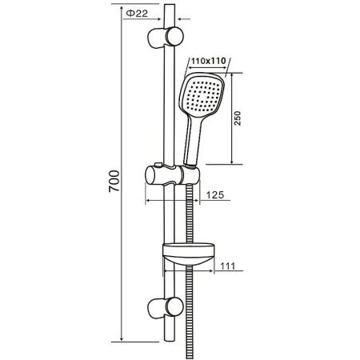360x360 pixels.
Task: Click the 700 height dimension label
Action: coord(114,181)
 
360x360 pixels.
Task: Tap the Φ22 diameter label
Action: coord(137,14)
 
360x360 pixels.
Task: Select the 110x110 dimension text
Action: coord(208,61)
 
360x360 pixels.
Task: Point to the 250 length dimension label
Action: coord(237,118)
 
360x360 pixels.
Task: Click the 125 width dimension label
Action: coord(215,195)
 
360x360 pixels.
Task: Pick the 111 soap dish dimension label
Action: coord(228,266)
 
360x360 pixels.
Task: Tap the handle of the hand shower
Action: coord(194,141)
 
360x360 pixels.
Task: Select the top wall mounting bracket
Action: coord(166,38)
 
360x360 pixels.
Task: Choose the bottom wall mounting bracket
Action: coord(166,308)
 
